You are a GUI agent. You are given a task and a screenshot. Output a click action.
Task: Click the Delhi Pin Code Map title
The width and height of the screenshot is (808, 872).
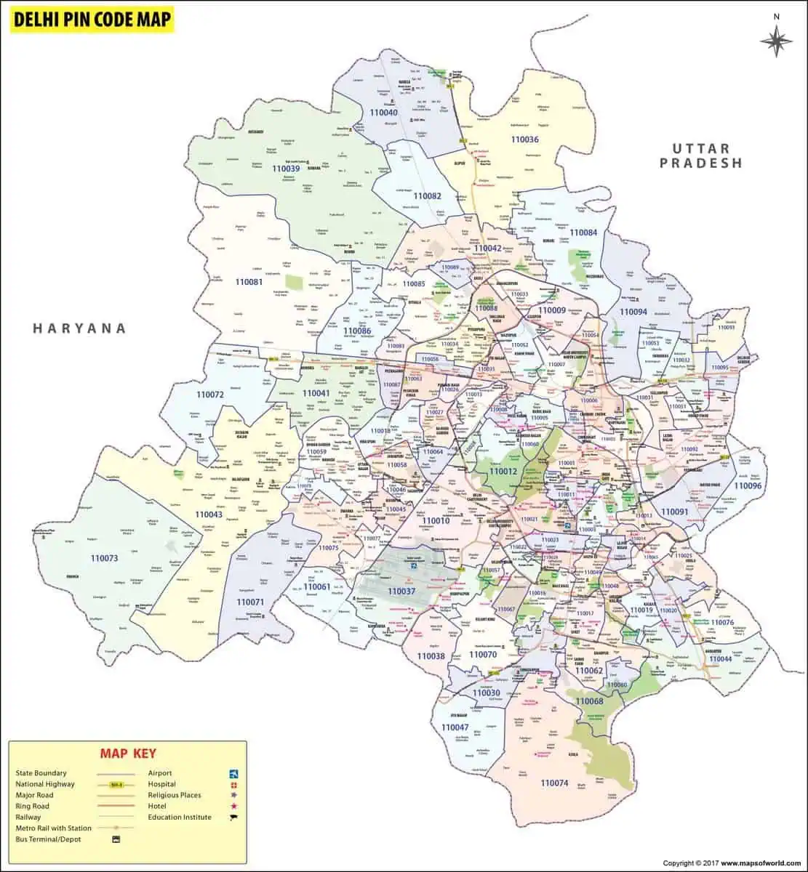[x=92, y=19]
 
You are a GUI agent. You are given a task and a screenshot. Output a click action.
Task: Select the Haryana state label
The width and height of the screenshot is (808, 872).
[x=79, y=328]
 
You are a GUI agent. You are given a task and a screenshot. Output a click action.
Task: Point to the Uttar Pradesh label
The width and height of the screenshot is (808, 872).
[x=701, y=156]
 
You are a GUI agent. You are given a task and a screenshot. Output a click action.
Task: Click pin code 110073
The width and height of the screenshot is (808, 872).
[x=104, y=558]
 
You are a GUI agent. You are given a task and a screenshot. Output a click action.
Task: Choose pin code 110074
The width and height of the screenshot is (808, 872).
[x=554, y=783]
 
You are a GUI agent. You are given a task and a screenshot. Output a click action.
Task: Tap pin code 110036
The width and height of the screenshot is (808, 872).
[x=524, y=140]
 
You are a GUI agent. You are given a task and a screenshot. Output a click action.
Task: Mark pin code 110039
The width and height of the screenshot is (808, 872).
[x=286, y=169]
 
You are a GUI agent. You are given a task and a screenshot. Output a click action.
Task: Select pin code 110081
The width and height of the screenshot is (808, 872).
[x=249, y=281]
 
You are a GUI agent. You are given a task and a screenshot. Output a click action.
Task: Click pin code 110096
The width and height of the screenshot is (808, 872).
[x=748, y=485]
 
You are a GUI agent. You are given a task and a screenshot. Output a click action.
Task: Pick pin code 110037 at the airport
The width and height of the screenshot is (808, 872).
[x=401, y=592]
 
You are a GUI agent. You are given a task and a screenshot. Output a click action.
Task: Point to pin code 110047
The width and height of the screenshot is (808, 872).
[x=455, y=727]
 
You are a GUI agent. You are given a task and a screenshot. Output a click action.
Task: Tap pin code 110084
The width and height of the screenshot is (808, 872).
[x=583, y=233]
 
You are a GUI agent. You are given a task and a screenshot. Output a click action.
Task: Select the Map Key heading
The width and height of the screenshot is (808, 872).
[x=128, y=754]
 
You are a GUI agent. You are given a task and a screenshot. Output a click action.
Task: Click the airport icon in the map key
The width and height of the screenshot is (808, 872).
[x=233, y=773]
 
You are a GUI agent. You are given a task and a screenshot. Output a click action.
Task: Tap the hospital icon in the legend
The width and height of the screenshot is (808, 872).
[x=233, y=785]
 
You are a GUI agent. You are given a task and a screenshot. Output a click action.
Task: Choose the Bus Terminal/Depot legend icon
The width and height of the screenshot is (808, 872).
[x=115, y=839]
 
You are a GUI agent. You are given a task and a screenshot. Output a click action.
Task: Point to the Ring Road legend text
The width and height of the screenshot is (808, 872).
[x=33, y=807]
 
